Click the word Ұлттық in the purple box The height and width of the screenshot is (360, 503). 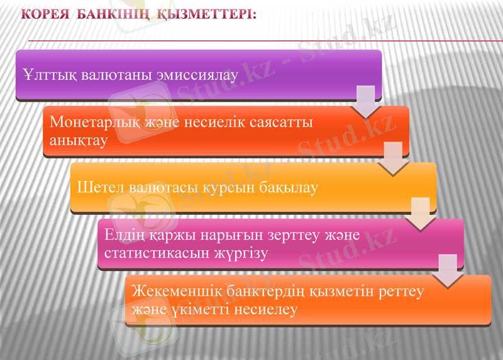tap(49, 76)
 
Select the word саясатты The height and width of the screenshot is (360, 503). tap(284, 122)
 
